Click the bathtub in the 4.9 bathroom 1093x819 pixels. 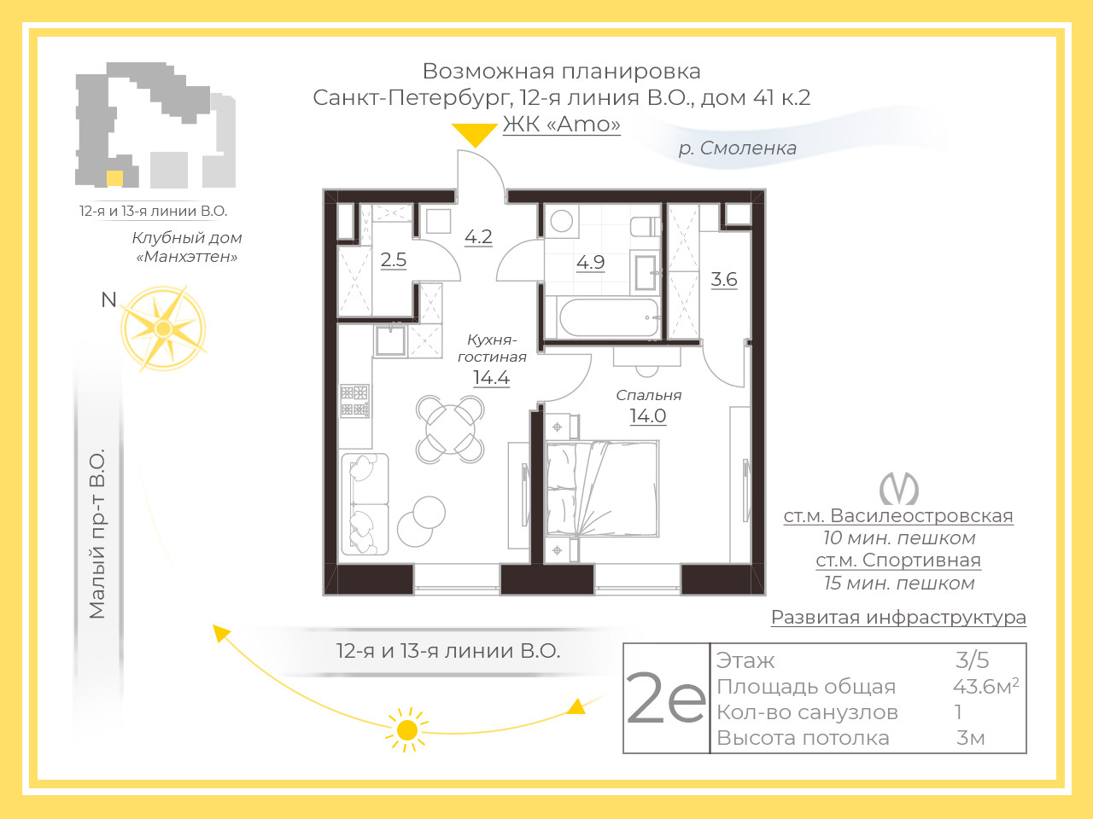pyautogui.click(x=610, y=317)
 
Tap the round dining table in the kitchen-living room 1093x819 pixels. pyautogui.click(x=450, y=429)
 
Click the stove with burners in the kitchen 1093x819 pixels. pyautogui.click(x=354, y=400)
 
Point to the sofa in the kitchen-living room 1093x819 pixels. pyautogui.click(x=365, y=503)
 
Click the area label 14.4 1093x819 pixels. pyautogui.click(x=492, y=378)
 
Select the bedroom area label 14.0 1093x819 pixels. pyautogui.click(x=648, y=415)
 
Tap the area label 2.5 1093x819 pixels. pyautogui.click(x=394, y=259)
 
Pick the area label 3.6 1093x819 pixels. pyautogui.click(x=724, y=279)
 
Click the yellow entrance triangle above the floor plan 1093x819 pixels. pyautogui.click(x=475, y=133)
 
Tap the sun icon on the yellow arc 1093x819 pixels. pyautogui.click(x=408, y=730)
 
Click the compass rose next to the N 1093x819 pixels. pyautogui.click(x=163, y=328)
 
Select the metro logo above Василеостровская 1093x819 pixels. pyautogui.click(x=899, y=488)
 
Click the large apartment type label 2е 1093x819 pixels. pyautogui.click(x=666, y=698)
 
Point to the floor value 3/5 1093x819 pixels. pyautogui.click(x=972, y=659)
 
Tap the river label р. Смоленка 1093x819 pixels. pyautogui.click(x=738, y=148)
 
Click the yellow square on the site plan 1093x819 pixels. pyautogui.click(x=114, y=178)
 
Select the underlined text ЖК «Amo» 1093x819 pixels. pyautogui.click(x=561, y=124)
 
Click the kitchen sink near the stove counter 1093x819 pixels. pyautogui.click(x=390, y=340)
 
